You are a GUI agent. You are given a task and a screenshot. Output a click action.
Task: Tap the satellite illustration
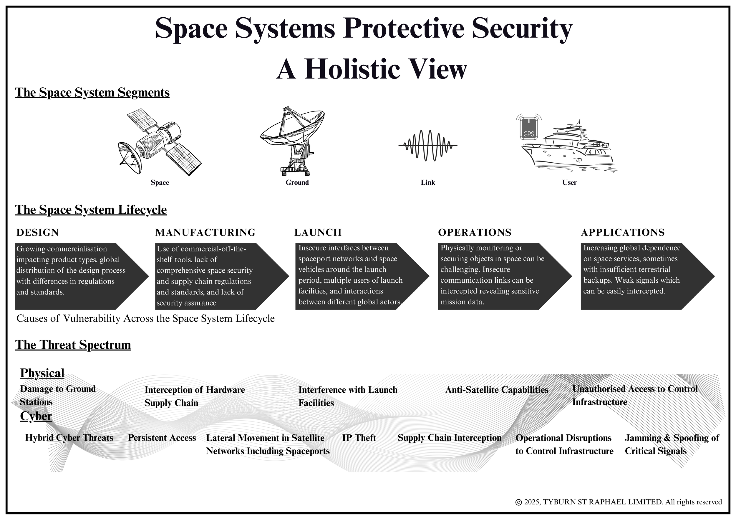159,142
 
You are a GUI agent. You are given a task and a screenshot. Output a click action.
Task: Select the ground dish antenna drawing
292,141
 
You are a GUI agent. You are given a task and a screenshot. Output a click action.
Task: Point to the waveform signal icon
428,146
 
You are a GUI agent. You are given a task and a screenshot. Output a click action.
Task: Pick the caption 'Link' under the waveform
428,183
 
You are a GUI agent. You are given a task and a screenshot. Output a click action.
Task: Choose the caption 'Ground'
297,183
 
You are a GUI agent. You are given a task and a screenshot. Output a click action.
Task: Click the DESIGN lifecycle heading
37,232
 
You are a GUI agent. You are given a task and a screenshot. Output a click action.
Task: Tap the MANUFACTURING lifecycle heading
205,232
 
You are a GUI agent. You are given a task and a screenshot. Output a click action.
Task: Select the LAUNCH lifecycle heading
318,232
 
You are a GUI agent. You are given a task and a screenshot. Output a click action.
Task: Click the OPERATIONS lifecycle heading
474,232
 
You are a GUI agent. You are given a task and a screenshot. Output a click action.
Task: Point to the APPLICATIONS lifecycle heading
623,232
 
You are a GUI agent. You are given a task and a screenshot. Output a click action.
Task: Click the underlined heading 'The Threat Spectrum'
73,345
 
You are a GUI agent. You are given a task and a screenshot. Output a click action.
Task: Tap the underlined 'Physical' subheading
42,373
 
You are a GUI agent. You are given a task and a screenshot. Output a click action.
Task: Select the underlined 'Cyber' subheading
36,416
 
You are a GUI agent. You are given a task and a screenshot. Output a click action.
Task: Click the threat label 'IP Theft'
359,438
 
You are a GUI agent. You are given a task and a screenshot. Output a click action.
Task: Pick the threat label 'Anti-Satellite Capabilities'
497,390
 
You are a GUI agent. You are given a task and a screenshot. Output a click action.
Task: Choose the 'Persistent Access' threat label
162,438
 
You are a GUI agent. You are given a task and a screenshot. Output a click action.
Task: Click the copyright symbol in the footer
518,502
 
